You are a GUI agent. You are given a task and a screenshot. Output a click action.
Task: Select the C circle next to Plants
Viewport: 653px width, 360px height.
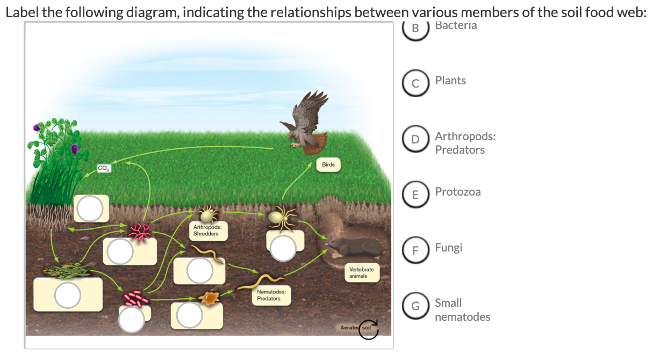point(415,83)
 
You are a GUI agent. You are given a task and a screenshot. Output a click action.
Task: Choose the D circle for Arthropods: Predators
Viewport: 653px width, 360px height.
point(415,139)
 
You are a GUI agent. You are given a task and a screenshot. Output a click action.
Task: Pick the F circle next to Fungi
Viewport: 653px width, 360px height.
point(415,250)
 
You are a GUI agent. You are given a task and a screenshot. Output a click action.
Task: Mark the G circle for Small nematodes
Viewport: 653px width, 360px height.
point(415,306)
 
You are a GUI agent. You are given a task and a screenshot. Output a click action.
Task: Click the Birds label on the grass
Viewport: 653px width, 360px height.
point(328,165)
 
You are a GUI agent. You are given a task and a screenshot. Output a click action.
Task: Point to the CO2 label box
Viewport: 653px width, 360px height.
point(104,169)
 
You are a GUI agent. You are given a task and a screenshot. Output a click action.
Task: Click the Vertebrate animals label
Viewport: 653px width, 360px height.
point(357,272)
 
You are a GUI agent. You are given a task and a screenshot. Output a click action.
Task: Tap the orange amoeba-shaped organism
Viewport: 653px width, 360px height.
point(210,297)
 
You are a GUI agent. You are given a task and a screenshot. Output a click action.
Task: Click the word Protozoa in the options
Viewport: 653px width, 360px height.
point(458,192)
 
